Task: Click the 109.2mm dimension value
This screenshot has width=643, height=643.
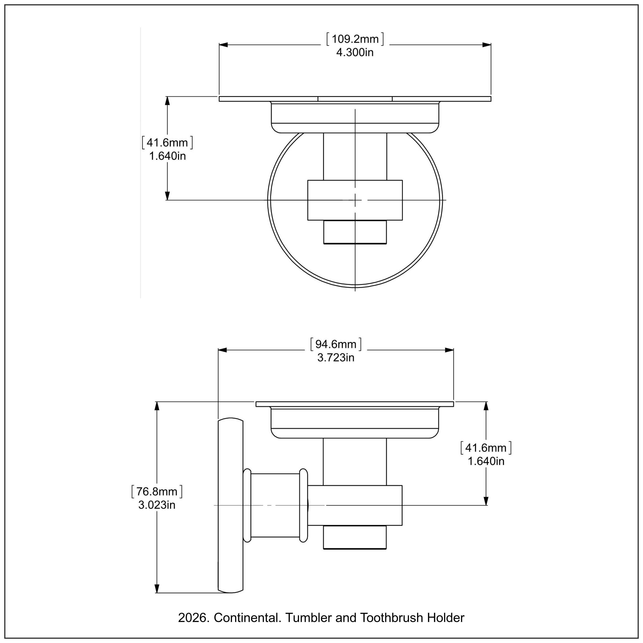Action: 355,39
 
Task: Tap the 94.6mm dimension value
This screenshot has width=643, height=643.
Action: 336,344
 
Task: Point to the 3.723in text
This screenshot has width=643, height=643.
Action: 336,358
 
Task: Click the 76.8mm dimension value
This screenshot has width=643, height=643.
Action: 157,491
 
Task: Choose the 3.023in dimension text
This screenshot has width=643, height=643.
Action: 157,505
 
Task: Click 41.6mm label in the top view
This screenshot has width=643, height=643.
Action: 167,143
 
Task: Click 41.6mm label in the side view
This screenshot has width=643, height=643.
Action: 486,448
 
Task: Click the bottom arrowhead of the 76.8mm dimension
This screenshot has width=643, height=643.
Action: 157,588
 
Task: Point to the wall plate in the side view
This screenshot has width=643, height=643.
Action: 230,506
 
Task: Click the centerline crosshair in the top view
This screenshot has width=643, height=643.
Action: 355,200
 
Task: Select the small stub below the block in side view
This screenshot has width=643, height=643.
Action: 355,537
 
